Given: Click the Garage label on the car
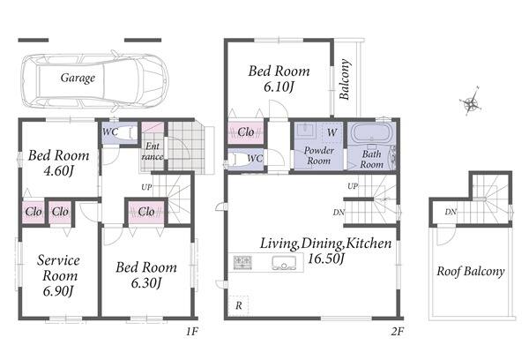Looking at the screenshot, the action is [78, 78].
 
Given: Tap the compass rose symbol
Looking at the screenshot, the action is [470, 101].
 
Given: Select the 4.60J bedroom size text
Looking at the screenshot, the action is [58, 171].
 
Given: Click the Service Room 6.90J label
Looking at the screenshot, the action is [58, 275].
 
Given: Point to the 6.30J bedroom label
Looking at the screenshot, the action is [146, 283].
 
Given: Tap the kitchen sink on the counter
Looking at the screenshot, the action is [284, 262].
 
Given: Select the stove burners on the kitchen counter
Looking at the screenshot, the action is [243, 262].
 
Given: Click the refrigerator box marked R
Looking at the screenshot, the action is [239, 305].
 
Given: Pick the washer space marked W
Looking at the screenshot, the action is [332, 132].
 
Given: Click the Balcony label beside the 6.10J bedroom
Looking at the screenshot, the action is [345, 79].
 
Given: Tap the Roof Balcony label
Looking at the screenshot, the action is [471, 271].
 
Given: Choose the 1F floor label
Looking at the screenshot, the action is [191, 332].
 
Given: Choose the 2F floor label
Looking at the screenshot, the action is [398, 332].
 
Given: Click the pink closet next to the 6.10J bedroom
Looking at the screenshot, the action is [246, 132].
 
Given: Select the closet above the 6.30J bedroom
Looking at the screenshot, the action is [146, 212].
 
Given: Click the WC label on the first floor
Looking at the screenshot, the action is [110, 131].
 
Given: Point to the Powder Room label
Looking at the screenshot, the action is [319, 155].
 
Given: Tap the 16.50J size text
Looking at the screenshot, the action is [326, 259].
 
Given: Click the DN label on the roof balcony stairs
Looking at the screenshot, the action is [451, 212].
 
